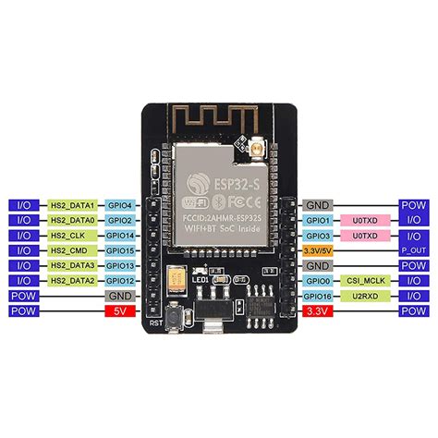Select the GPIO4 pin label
click(121, 205)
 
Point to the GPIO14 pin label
click(121, 235)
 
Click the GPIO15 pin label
click(121, 250)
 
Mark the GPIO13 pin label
click(121, 265)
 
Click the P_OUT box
click(412, 250)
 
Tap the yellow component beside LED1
click(176, 276)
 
